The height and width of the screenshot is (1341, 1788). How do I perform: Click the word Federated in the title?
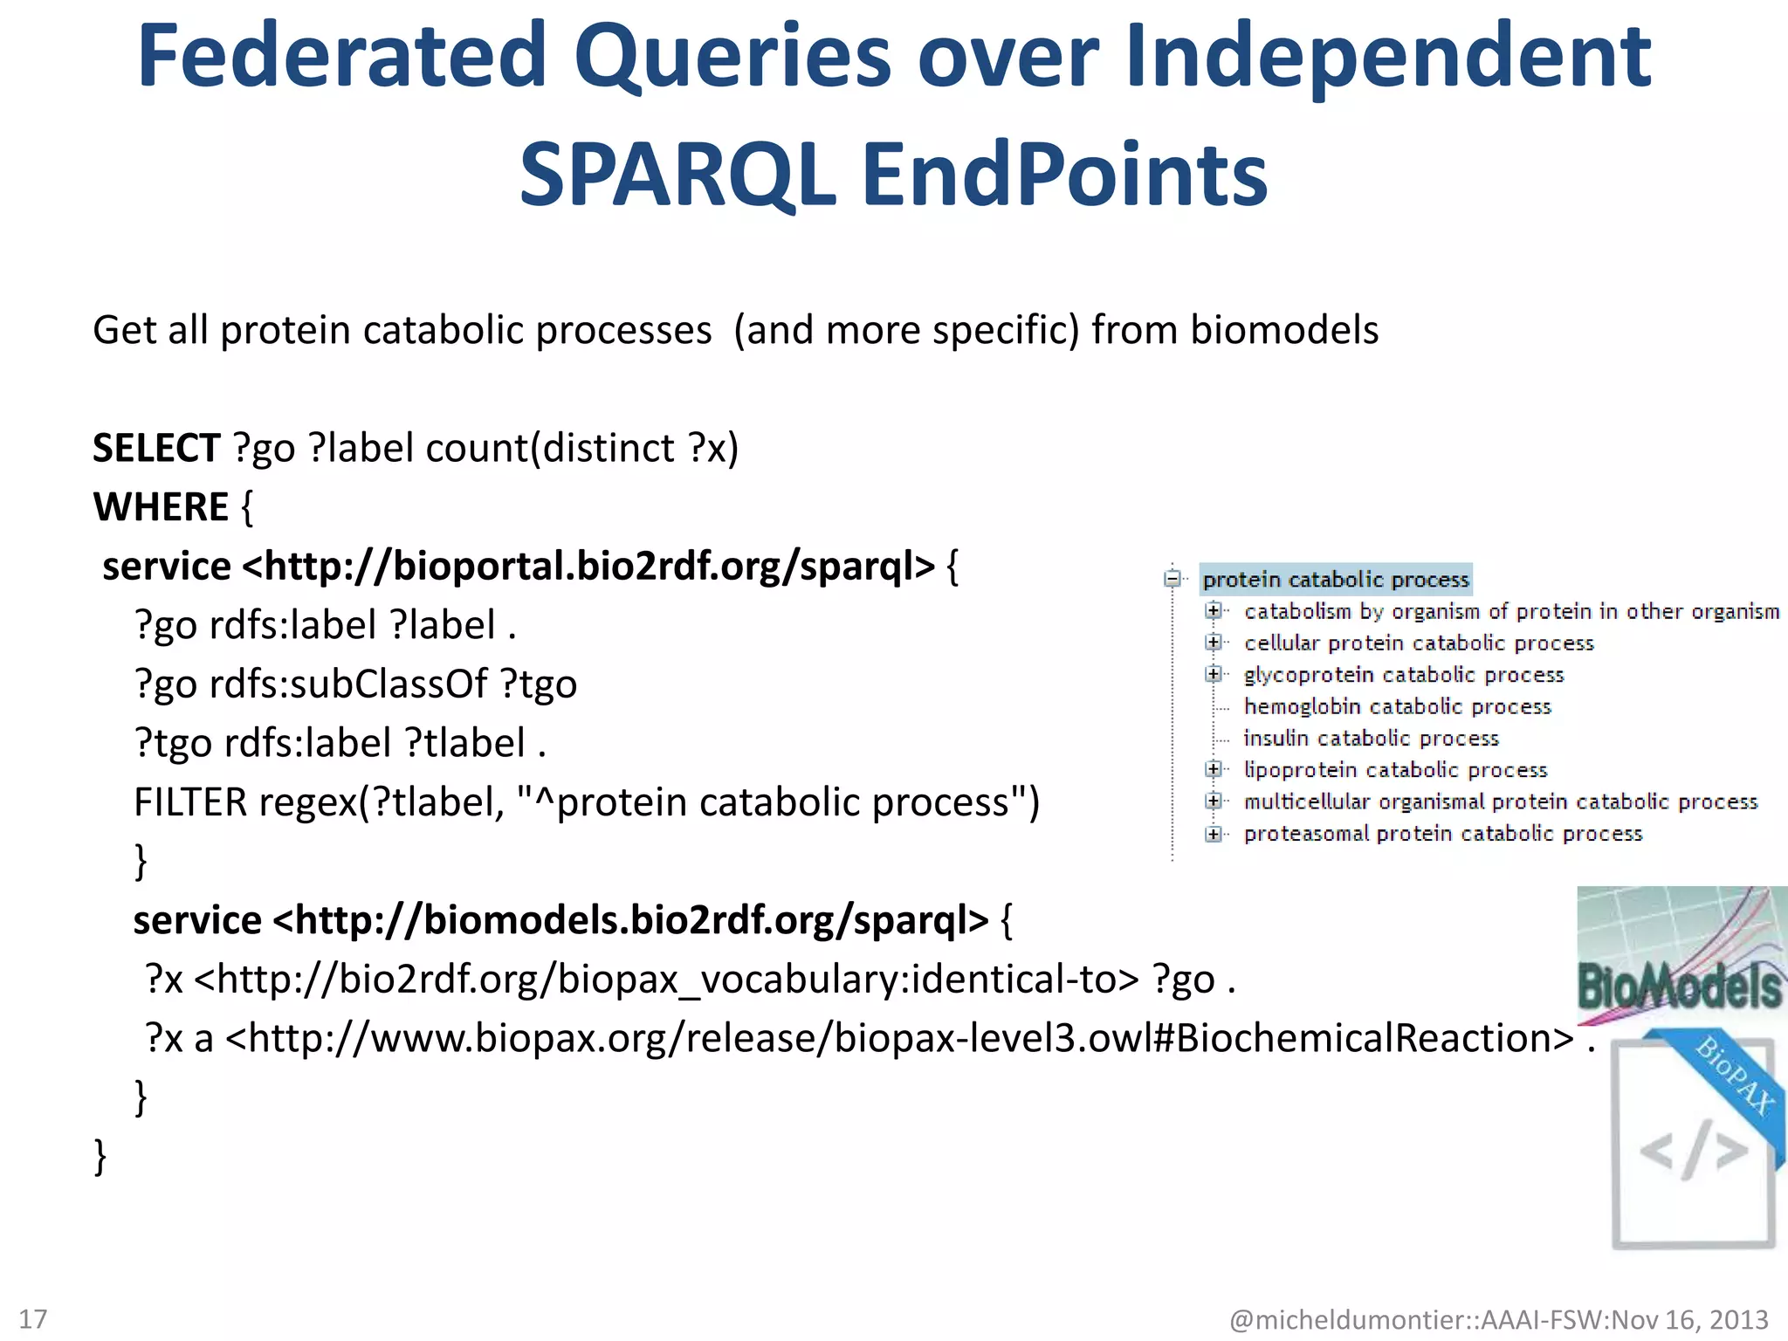tap(342, 57)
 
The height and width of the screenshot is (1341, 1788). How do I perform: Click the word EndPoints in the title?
tap(1064, 176)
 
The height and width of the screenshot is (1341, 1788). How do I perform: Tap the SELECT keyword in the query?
tap(156, 449)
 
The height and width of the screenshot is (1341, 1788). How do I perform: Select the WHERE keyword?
tap(161, 507)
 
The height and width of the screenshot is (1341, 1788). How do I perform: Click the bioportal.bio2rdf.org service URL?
tap(588, 567)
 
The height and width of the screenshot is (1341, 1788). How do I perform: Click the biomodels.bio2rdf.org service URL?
tap(630, 921)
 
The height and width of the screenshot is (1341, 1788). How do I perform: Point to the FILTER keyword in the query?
tap(189, 802)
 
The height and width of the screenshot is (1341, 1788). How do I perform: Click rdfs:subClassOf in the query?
tap(347, 684)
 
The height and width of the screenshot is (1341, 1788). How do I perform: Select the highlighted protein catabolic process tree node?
tap(1335, 580)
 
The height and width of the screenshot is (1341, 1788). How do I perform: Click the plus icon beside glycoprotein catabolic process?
tap(1213, 674)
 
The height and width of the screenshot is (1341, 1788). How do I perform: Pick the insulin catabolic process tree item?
tap(1371, 739)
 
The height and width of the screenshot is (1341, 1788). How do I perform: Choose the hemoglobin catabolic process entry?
tap(1397, 706)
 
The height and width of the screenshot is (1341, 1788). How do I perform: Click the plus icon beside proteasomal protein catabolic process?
tap(1213, 834)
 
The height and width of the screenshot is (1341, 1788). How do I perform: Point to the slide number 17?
tap(33, 1318)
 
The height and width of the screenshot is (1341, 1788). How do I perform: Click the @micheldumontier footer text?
tap(1498, 1319)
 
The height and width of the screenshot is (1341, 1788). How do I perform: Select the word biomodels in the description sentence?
tap(1283, 331)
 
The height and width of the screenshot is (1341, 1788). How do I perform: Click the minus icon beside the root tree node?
tap(1173, 579)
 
